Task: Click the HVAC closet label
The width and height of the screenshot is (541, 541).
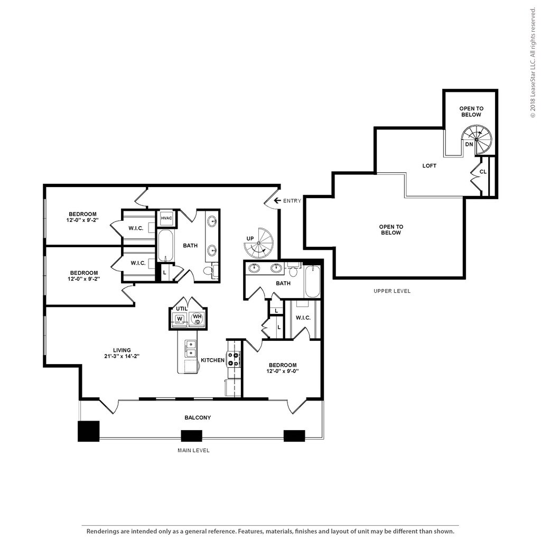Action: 166,218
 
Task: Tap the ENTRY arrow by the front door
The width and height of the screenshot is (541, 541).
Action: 277,200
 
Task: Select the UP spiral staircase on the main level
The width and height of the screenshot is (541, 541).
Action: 258,243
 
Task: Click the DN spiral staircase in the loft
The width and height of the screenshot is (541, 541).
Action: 477,139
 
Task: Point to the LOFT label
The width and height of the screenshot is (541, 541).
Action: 429,165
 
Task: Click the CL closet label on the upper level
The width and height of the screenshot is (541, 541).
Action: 483,172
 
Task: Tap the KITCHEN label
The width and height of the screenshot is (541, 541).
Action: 212,360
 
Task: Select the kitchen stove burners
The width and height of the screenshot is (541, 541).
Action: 233,359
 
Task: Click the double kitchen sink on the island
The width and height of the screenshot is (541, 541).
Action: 190,349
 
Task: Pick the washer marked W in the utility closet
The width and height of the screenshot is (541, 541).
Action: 180,319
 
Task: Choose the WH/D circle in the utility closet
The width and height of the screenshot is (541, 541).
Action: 197,319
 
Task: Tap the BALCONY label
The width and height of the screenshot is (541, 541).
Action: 198,417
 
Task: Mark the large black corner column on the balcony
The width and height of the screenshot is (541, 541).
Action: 89,431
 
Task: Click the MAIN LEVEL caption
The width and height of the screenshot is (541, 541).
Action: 193,450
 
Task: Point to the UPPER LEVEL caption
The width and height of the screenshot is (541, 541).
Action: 392,291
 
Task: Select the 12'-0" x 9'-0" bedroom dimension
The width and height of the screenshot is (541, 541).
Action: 283,371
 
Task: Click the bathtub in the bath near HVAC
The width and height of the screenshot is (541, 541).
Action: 166,246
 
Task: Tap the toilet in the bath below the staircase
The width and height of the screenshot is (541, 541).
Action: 293,271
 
